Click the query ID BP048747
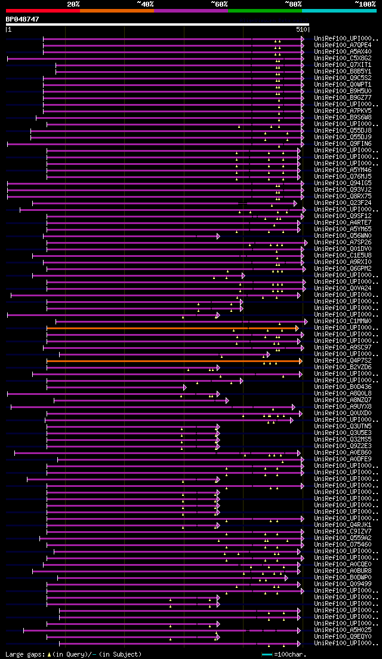[x=23, y=19]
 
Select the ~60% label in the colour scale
[x=219, y=4]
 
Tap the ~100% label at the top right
[x=365, y=4]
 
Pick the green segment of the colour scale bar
[x=264, y=11]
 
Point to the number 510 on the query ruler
[x=301, y=29]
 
